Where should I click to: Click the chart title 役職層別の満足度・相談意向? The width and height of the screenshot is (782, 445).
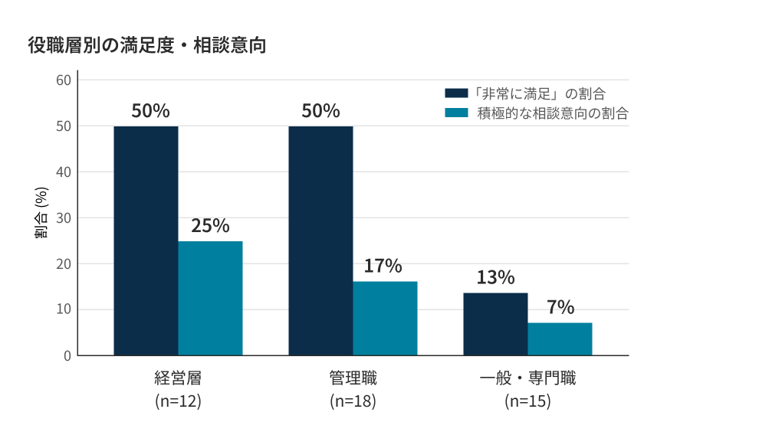pos(146,45)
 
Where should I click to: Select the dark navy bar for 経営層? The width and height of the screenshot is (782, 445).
pos(146,240)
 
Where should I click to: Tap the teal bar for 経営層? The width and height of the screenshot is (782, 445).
pos(211,299)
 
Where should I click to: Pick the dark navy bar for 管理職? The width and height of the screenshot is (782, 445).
pos(320,240)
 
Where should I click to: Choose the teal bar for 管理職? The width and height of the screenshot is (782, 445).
pos(385,319)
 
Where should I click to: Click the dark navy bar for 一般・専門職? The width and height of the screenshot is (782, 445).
pos(496,325)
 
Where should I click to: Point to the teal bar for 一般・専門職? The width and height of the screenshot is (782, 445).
pos(560,339)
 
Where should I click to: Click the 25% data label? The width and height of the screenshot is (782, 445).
pos(211,226)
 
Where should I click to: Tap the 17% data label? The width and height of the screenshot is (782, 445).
pos(383,266)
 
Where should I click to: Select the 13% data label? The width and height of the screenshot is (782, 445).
pos(496,277)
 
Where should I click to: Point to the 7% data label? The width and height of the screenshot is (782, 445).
pos(560,307)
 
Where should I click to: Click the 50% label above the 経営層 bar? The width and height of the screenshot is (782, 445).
pos(150,110)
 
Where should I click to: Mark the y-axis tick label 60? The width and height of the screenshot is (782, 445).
pos(64,80)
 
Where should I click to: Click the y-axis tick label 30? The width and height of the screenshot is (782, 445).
pos(64,218)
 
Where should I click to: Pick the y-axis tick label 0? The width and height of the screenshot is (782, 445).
pos(67,356)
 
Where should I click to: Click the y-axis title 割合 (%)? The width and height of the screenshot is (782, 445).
pos(41,213)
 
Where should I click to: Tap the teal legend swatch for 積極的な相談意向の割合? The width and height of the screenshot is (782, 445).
pos(456,113)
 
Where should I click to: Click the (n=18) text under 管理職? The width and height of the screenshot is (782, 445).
pos(353,401)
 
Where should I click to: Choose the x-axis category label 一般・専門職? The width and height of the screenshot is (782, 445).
pos(527,378)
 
